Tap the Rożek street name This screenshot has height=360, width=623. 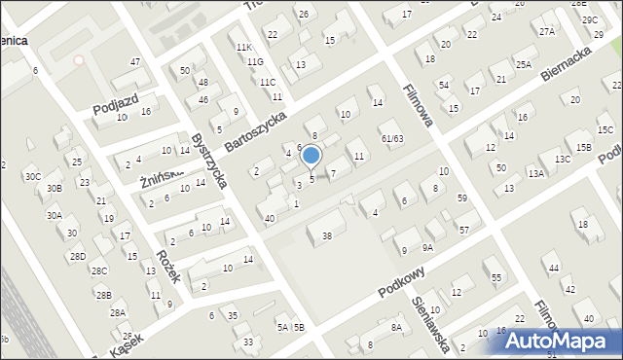tap(168, 265)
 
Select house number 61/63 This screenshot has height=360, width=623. tap(392, 139)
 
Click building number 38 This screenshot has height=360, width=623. tap(327, 235)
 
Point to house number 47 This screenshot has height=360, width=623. tap(136, 62)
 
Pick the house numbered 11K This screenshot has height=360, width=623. tap(243, 47)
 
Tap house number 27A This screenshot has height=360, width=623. tap(547, 31)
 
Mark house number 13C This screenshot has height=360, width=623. tap(563, 159)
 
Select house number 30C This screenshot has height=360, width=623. tap(33, 176)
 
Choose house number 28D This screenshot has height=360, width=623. tap(77, 256)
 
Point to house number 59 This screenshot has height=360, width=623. tap(462, 198)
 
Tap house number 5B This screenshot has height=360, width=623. tap(299, 327)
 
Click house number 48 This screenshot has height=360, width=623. tap(202, 83)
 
